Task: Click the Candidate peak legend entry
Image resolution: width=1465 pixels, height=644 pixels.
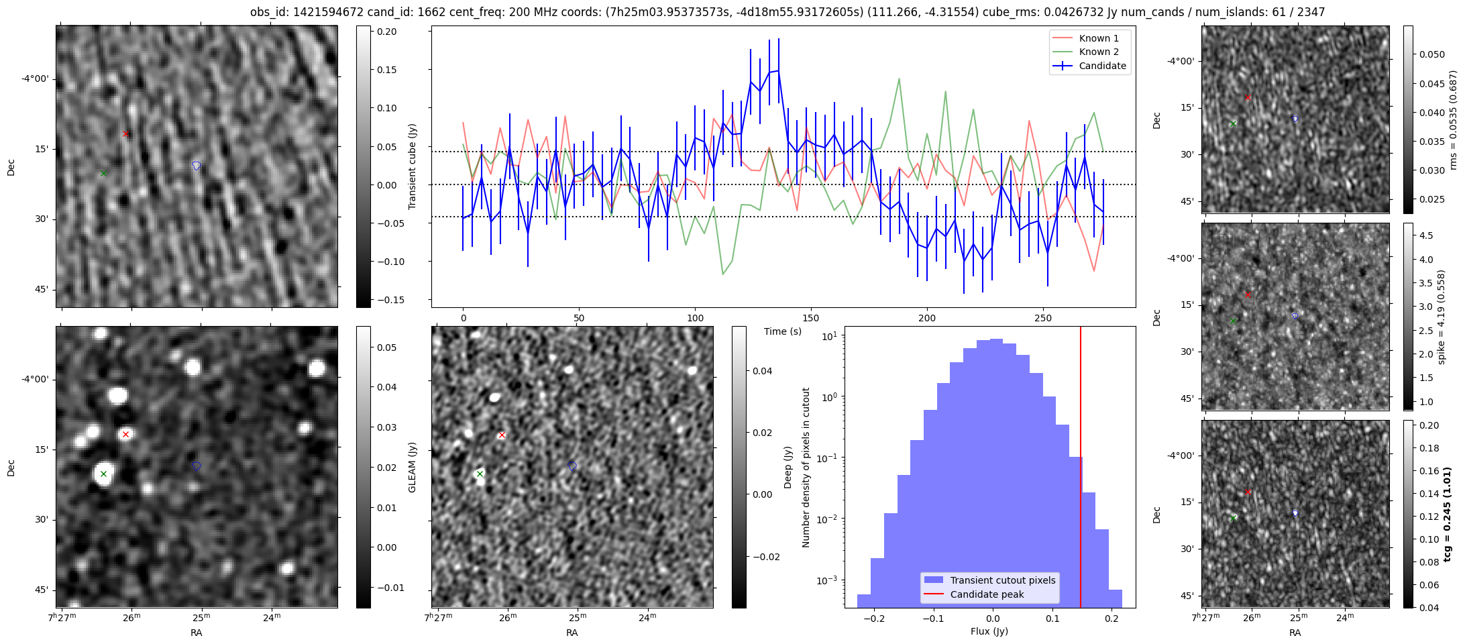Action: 987,594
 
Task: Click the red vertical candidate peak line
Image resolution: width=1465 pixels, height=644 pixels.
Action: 1081,470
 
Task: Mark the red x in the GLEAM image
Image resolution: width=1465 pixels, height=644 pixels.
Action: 125,434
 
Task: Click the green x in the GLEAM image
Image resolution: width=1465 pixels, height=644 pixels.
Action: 103,474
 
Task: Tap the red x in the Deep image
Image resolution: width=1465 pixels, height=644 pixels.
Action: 501,435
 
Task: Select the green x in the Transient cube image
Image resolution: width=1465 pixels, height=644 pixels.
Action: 103,174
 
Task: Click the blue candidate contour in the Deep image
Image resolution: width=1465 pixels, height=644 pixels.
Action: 572,466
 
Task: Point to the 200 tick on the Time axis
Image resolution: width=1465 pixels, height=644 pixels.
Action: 926,317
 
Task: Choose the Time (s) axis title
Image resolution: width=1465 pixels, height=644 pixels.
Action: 783,331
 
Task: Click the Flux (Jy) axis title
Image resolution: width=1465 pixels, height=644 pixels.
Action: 989,631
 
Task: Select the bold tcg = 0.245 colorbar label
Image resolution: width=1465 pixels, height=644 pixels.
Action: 1449,514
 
